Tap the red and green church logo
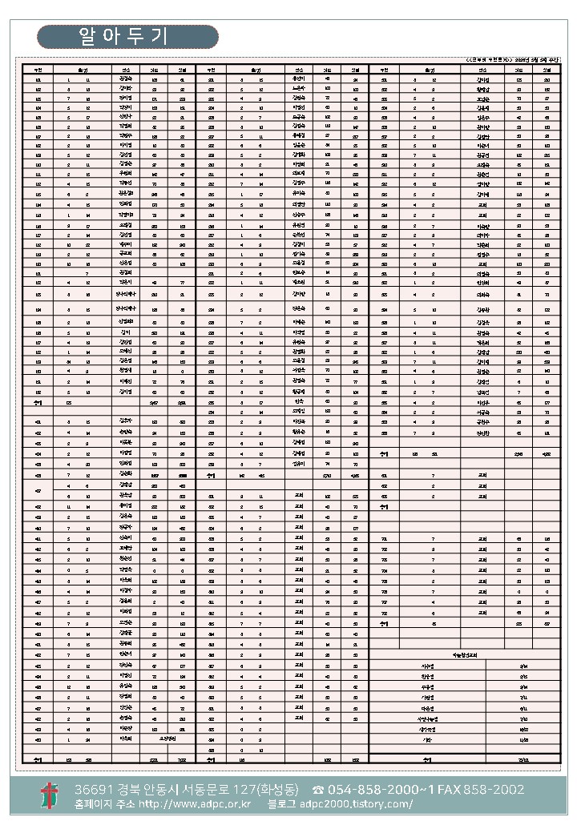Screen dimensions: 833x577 tap(50, 796)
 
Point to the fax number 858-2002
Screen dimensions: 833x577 tap(498, 790)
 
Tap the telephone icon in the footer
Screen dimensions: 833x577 tap(318, 790)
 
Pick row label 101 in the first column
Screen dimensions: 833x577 tap(38, 80)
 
